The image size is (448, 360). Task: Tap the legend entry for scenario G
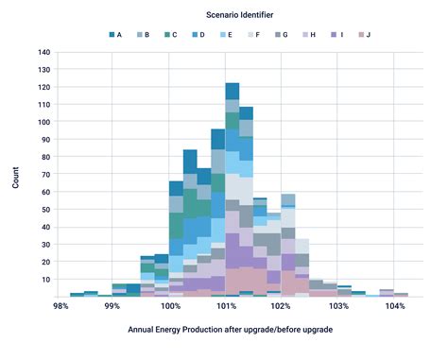point(281,34)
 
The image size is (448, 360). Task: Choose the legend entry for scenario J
point(362,34)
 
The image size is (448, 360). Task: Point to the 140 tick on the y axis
point(43,52)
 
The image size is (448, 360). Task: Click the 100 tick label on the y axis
point(43,122)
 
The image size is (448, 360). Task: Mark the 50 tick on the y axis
point(45,210)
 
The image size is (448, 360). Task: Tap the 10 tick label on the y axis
point(45,280)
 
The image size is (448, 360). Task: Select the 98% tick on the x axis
point(60,307)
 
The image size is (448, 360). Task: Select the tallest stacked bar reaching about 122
point(233,189)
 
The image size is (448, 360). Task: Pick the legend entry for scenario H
point(308,34)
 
